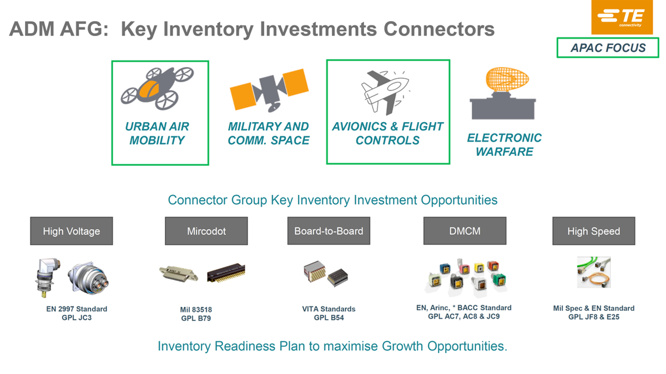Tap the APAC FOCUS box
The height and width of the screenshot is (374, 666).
pos(608,48)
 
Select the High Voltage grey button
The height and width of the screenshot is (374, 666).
pos(72,231)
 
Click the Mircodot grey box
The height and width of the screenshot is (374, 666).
pos(206,231)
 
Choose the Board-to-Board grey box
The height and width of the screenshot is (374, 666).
pos(329,231)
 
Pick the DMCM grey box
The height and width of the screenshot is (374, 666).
pos(465,231)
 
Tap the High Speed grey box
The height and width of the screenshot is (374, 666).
pos(593,231)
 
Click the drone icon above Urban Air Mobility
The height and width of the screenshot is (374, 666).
pos(158,87)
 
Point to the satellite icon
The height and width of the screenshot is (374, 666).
pos(269,89)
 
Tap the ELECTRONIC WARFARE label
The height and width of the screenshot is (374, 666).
pos(504,145)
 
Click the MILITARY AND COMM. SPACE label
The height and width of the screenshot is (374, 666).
pos(269,134)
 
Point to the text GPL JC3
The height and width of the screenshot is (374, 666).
pos(77,318)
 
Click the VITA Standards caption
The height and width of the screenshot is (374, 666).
pos(329,309)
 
